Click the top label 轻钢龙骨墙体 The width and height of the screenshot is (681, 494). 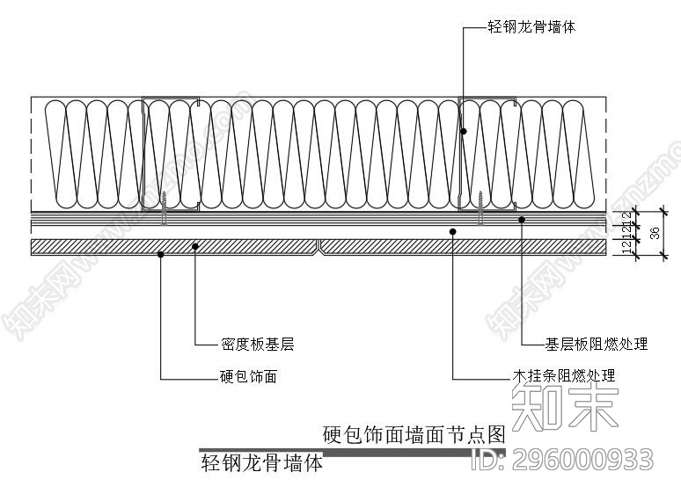tap(531, 28)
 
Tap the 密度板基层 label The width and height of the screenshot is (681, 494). tap(256, 345)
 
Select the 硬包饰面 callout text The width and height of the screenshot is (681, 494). tap(247, 377)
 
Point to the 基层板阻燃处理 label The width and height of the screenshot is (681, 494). tap(597, 344)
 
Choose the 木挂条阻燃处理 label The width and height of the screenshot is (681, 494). tap(564, 376)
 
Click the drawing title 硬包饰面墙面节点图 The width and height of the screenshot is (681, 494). tap(414, 433)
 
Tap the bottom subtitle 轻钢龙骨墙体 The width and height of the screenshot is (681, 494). tap(261, 462)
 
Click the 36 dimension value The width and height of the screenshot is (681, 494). tap(654, 233)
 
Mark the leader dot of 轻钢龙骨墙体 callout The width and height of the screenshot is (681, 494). tap(463, 132)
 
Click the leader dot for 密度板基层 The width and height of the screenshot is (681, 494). tap(194, 246)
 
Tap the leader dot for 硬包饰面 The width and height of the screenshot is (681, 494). tap(160, 255)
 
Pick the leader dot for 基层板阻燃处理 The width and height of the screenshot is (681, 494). tap(522, 219)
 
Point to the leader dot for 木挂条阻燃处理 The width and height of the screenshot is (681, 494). tap(452, 231)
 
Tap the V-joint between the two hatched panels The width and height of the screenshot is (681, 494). tap(319, 247)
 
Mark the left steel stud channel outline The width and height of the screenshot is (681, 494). tap(144, 154)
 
